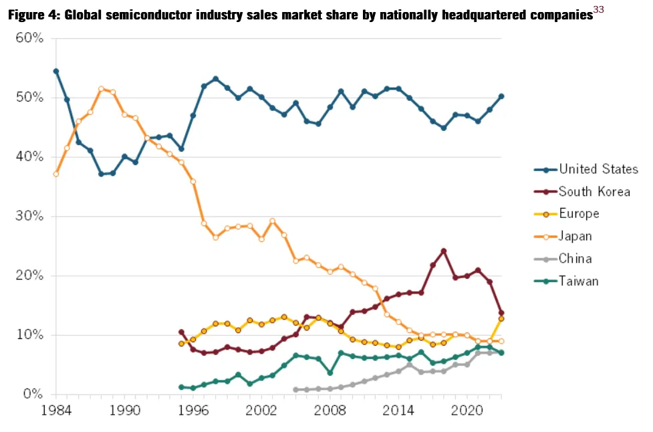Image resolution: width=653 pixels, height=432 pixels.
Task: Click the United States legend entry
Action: coord(586,169)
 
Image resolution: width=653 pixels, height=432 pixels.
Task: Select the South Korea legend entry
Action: coord(581,192)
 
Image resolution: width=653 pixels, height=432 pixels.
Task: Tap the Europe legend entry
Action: coord(566,214)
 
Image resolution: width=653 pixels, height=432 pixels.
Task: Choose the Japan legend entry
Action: coord(563,236)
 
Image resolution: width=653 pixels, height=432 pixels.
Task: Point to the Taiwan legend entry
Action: coord(566,281)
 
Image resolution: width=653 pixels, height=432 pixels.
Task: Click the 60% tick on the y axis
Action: coord(29,38)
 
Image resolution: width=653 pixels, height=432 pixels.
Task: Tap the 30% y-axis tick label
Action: coord(29,216)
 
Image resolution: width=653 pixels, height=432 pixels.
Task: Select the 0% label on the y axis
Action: coord(33,394)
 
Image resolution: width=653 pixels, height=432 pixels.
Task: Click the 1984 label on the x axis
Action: coord(56,411)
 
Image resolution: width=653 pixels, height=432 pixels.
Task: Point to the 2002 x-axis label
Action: coord(261,411)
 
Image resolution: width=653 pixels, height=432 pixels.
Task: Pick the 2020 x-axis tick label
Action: coord(467,411)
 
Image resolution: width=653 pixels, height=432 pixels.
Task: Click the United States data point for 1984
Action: coord(56,72)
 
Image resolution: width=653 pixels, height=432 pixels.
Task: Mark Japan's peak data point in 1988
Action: coord(101,89)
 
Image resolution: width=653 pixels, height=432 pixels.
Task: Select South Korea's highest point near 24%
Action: coord(444,251)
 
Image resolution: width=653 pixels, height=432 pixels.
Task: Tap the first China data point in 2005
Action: coord(295,389)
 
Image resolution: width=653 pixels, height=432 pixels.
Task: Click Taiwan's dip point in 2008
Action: coord(330,373)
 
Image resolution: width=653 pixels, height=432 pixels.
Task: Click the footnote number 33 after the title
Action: coord(598,9)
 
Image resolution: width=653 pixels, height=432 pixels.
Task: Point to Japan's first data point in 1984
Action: coord(56,174)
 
